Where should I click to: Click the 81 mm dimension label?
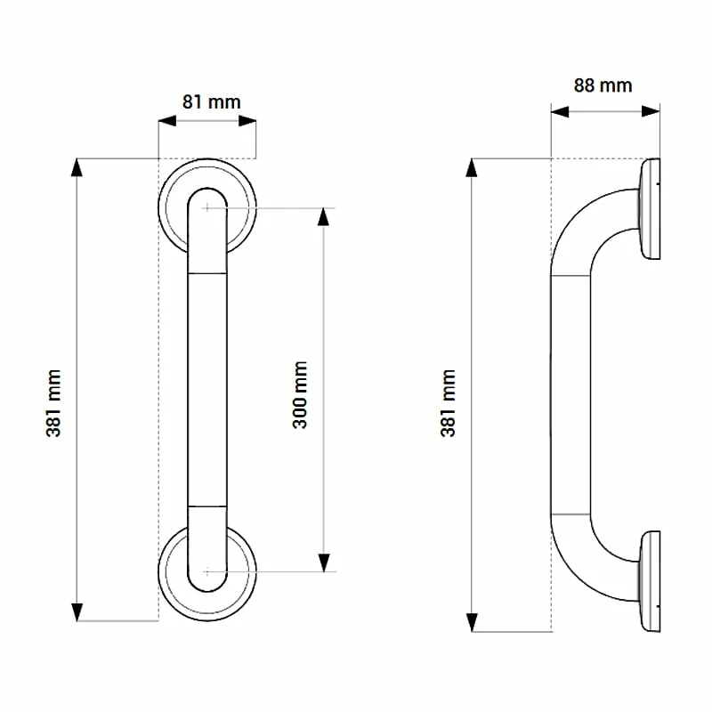coord(211,101)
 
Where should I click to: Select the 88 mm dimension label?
coord(603,85)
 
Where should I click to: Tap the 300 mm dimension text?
coord(301,394)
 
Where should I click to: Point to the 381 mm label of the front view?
coord(54,402)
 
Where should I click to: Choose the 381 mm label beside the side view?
coord(449,402)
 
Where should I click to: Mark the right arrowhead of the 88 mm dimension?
coord(652,110)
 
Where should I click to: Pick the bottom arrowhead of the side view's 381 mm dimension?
coord(473,623)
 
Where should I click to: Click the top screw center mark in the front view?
coord(207,207)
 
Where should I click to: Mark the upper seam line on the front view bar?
coord(207,273)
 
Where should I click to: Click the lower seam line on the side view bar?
coord(570,514)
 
